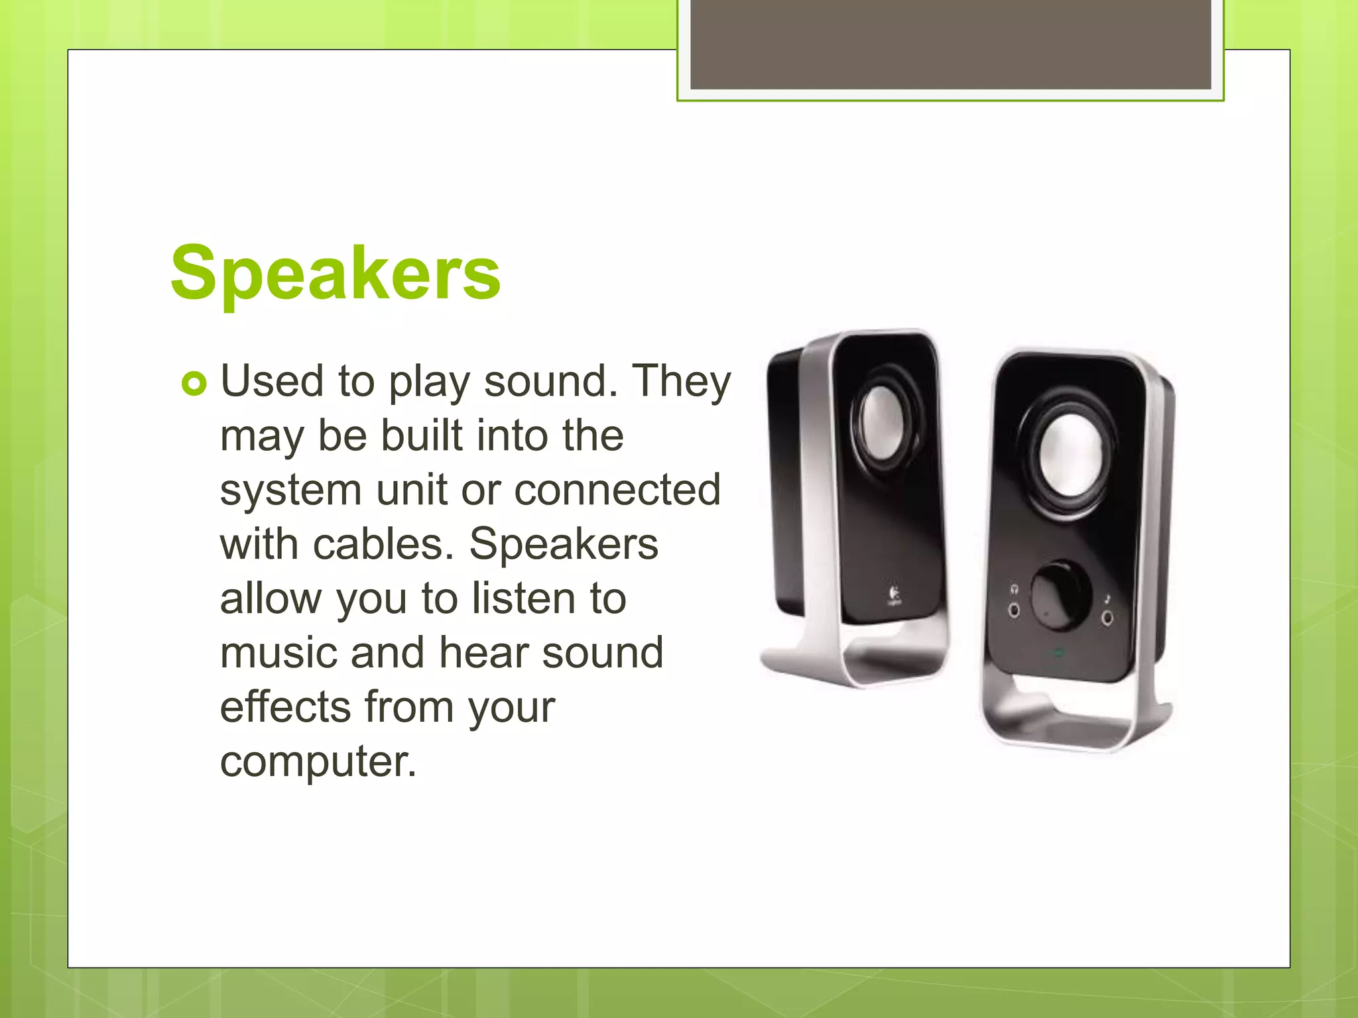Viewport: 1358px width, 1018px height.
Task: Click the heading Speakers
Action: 336,273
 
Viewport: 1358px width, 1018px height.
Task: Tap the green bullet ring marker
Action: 194,384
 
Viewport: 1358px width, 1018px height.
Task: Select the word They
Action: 681,382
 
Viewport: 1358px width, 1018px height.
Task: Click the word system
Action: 290,491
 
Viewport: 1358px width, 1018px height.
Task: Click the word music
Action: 278,653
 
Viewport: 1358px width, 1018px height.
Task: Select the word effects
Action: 285,707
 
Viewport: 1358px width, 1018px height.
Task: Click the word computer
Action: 318,762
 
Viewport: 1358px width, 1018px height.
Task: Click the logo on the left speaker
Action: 894,594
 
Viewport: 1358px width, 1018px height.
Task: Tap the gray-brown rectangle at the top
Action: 950,44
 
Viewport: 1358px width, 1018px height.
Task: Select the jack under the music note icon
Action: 1107,618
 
